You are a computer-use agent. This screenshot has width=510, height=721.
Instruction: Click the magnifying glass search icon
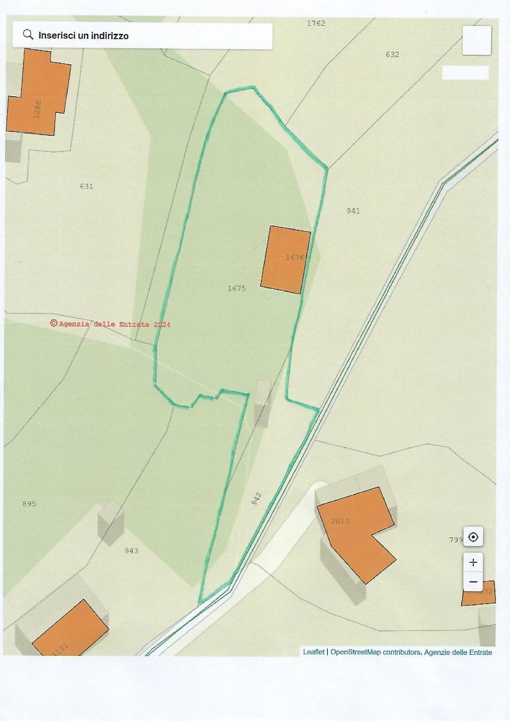[28, 35]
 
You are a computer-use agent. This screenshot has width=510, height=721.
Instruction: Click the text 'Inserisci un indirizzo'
[83, 36]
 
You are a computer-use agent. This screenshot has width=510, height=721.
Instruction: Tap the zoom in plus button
[473, 562]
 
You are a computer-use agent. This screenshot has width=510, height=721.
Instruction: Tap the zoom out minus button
[473, 582]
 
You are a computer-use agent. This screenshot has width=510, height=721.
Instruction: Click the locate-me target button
[473, 537]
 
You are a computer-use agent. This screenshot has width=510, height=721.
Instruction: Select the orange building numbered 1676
[286, 260]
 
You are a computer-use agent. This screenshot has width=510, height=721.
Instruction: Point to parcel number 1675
[236, 288]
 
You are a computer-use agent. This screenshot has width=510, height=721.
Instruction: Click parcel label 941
[353, 211]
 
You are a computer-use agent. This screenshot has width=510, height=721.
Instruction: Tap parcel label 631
[86, 186]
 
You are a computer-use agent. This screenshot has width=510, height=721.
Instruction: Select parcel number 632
[392, 54]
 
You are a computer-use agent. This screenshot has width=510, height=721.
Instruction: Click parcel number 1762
[316, 23]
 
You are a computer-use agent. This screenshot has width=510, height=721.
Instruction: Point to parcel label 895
[29, 504]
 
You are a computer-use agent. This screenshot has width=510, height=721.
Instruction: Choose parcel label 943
[131, 551]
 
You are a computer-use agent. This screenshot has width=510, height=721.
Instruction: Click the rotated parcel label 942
[256, 499]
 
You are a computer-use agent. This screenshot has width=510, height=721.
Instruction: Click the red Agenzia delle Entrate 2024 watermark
[111, 324]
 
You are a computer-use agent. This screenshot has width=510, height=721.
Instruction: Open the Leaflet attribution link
[313, 652]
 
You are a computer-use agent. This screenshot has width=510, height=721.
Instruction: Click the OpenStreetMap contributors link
[375, 652]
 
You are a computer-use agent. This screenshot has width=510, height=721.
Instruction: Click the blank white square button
[476, 40]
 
